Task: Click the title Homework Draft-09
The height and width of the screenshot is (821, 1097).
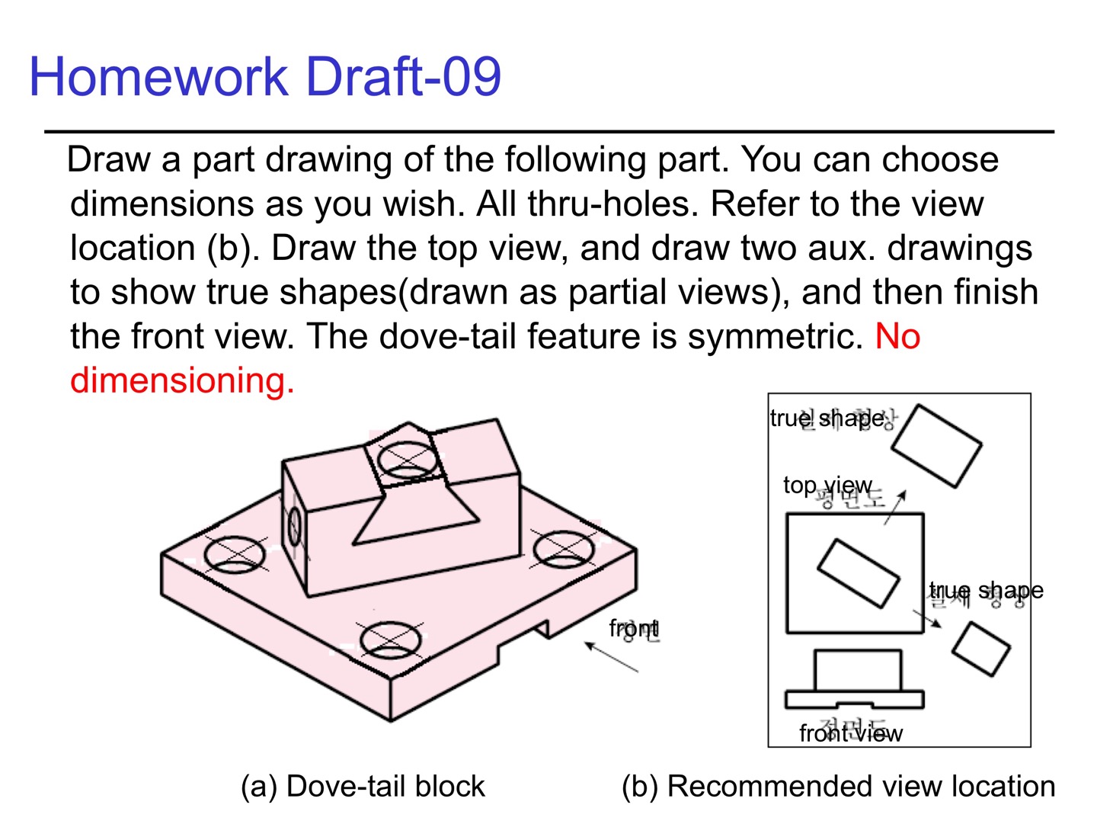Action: click(x=264, y=77)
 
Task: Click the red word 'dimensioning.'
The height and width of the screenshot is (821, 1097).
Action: click(x=182, y=380)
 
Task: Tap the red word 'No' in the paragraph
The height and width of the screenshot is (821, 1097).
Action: click(x=897, y=336)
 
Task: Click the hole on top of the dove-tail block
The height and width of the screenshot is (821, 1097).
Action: click(x=408, y=459)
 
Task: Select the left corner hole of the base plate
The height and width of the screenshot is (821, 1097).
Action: click(x=235, y=554)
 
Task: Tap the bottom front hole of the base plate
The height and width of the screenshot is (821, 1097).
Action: click(x=390, y=640)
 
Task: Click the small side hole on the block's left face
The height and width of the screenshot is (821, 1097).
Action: click(x=295, y=525)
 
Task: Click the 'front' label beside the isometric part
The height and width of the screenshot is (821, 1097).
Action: click(x=634, y=628)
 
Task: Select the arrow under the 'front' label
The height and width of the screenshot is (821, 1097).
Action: click(x=611, y=657)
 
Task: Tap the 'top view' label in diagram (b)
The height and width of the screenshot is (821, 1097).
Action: click(x=827, y=485)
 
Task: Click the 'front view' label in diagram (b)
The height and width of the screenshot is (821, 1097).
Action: click(x=850, y=733)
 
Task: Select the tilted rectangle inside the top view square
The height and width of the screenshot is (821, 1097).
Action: click(x=858, y=573)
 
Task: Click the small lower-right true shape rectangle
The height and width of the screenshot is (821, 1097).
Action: click(x=980, y=649)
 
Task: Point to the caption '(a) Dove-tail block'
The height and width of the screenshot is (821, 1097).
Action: click(x=363, y=786)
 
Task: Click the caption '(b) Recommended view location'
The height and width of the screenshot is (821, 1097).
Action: click(x=838, y=786)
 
